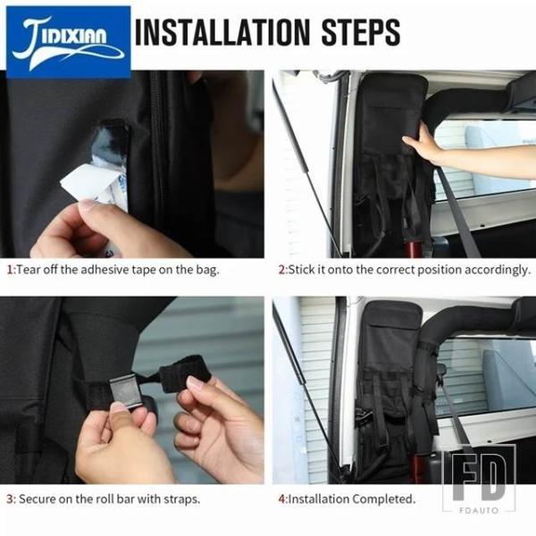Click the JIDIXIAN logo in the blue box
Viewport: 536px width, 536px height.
(69, 42)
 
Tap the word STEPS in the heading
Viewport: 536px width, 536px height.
(361, 32)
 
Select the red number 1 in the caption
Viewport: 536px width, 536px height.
(10, 270)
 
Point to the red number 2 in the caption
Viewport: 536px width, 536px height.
(281, 270)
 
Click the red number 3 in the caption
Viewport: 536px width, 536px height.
(10, 499)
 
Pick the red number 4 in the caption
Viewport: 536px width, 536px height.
(281, 499)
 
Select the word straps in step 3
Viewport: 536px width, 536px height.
(181, 499)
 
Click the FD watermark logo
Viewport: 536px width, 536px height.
(479, 479)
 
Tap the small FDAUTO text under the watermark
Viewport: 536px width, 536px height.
(479, 510)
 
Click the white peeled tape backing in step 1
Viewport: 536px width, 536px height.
(92, 185)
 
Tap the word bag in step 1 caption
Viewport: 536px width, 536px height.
(207, 271)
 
